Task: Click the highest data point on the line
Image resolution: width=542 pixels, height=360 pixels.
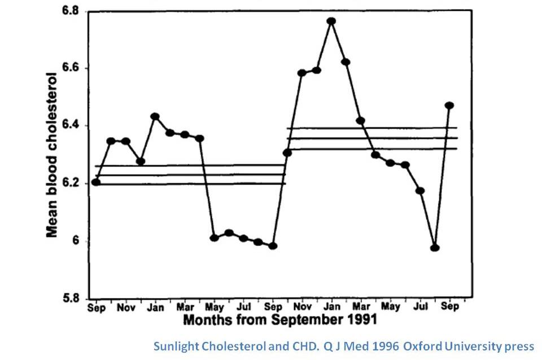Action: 331,21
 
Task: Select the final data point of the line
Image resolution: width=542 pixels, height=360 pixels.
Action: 449,106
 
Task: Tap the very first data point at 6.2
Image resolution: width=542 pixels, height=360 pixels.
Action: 96,182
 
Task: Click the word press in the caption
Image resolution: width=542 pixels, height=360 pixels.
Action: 517,345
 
